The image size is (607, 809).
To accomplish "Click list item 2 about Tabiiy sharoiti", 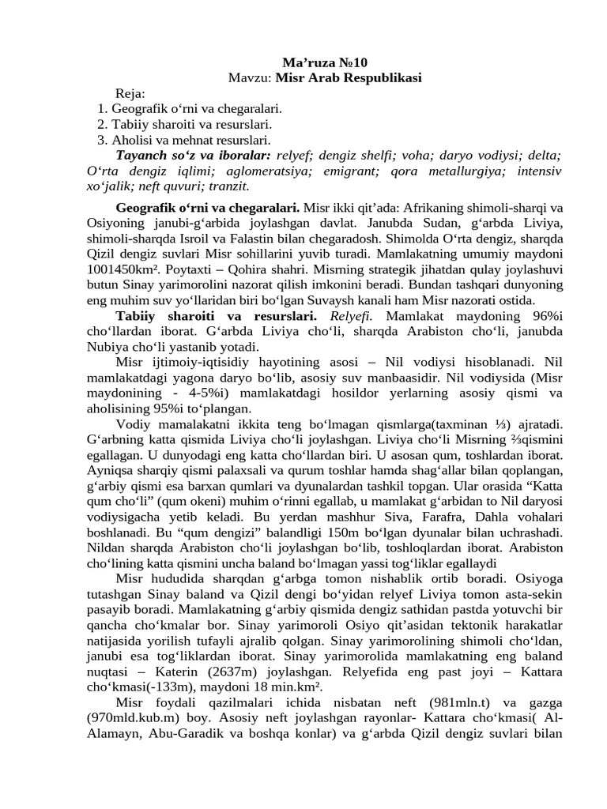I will point(185,124).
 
